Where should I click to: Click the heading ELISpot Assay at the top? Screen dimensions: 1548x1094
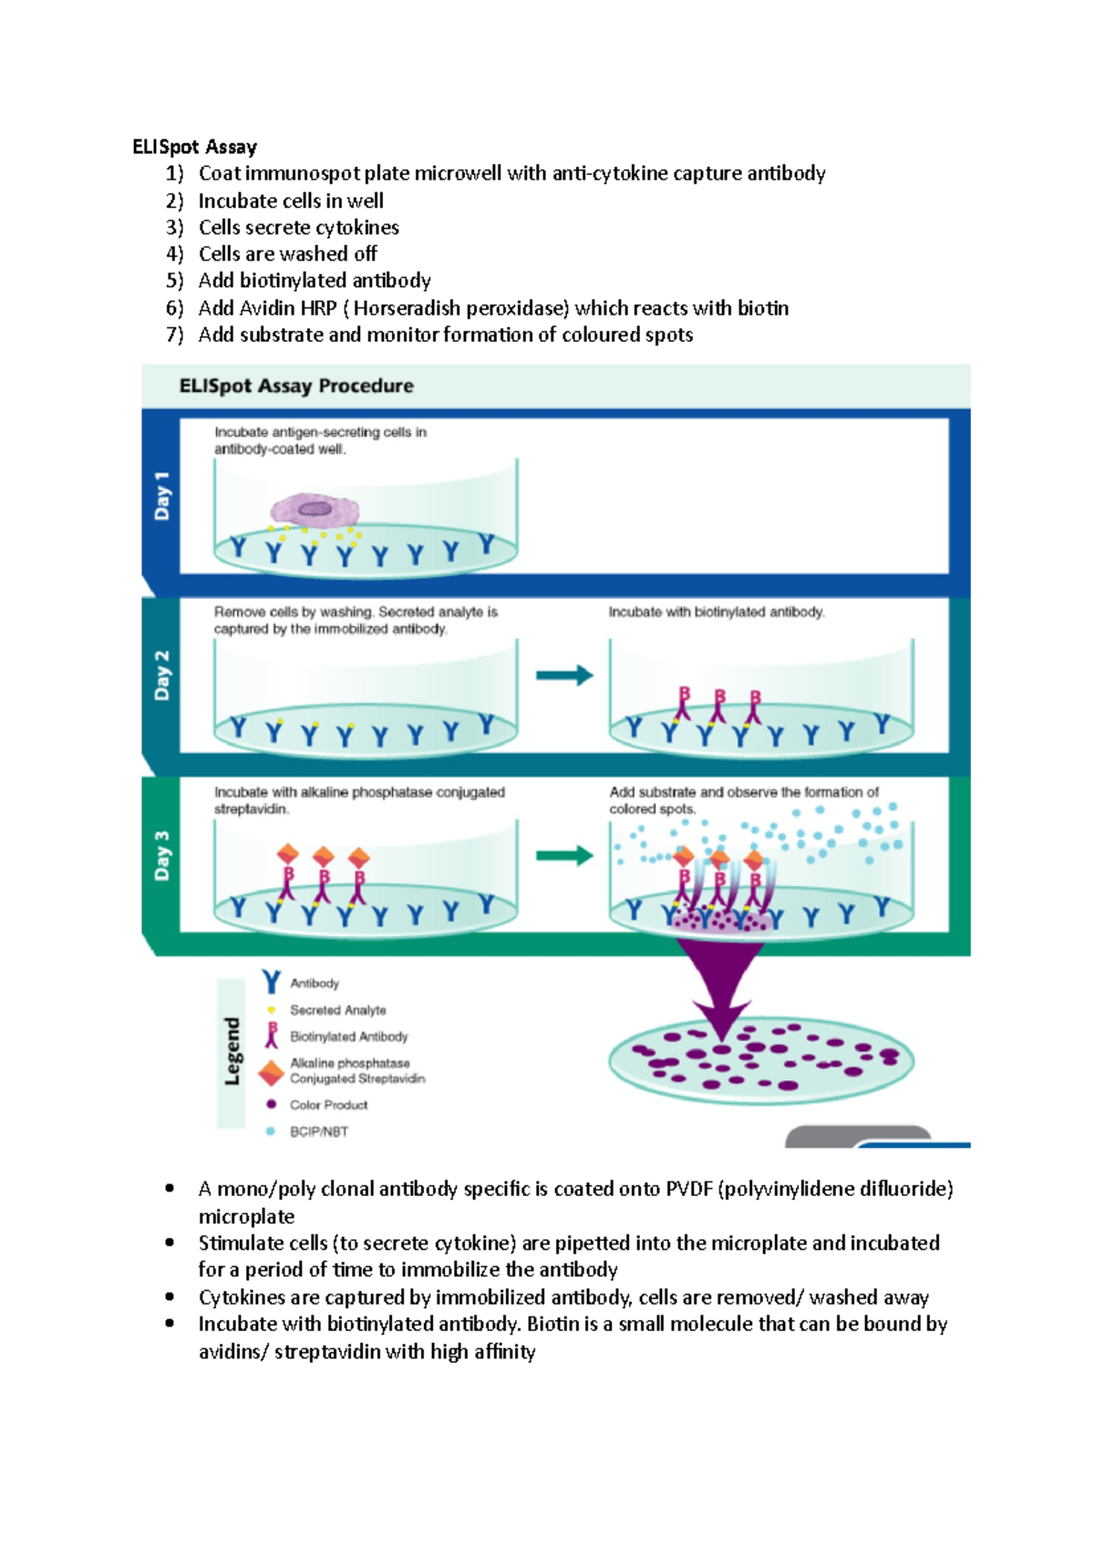click(194, 147)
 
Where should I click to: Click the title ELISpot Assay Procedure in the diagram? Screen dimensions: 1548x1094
click(296, 386)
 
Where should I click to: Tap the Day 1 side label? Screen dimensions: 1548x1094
click(161, 496)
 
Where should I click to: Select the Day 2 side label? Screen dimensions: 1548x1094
click(161, 676)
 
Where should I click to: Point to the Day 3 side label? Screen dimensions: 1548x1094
click(161, 855)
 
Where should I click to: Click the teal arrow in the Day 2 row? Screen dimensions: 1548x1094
click(564, 676)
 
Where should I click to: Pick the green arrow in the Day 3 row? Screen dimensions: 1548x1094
click(564, 855)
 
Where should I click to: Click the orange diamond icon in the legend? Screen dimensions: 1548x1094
click(271, 1072)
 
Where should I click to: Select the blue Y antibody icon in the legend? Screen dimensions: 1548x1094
click(271, 982)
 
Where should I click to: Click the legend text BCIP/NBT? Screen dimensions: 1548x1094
click(318, 1131)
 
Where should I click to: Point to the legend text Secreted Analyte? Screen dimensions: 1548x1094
click(337, 1010)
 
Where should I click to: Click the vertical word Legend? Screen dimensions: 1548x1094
click(232, 1051)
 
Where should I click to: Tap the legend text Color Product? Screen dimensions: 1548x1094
click(328, 1105)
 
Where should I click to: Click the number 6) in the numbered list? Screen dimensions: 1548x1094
click(174, 308)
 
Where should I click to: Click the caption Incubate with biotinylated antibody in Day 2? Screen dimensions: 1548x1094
click(716, 613)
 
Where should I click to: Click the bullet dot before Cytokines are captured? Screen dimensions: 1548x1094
click(170, 1296)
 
